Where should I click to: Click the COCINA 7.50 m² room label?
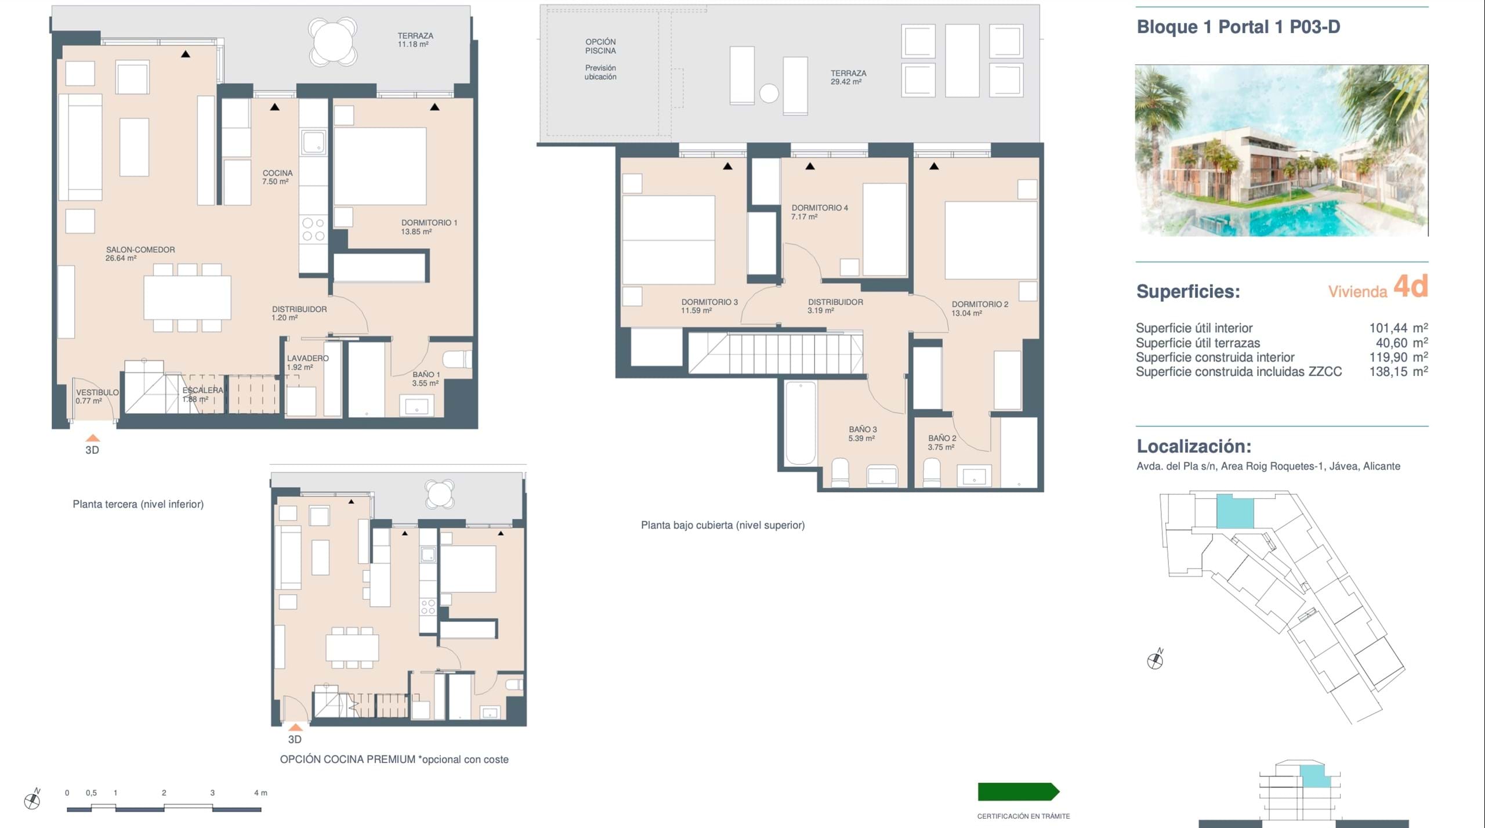pyautogui.click(x=277, y=177)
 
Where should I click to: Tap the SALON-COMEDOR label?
pyautogui.click(x=140, y=250)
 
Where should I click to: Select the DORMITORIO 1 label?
pyautogui.click(x=429, y=223)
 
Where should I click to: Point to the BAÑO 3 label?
pyautogui.click(x=863, y=429)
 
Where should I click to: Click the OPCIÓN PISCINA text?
pyautogui.click(x=600, y=46)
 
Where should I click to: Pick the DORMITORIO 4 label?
pyautogui.click(x=820, y=208)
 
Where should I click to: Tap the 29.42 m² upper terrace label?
pyautogui.click(x=846, y=82)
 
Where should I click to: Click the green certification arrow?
pyautogui.click(x=1019, y=792)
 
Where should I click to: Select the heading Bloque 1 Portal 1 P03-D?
pyautogui.click(x=1238, y=27)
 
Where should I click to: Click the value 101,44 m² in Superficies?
pyautogui.click(x=1399, y=328)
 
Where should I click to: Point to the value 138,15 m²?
pyautogui.click(x=1399, y=371)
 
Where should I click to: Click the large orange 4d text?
pyautogui.click(x=1410, y=286)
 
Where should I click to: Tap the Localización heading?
pyautogui.click(x=1194, y=446)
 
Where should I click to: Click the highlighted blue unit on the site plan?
pyautogui.click(x=1234, y=511)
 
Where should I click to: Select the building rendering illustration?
pyautogui.click(x=1281, y=150)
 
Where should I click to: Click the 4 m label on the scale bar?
pyautogui.click(x=260, y=793)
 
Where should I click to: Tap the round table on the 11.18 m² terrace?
pyautogui.click(x=333, y=42)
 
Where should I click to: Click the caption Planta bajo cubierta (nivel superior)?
pyautogui.click(x=723, y=525)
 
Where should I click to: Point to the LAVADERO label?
pyautogui.click(x=307, y=359)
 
